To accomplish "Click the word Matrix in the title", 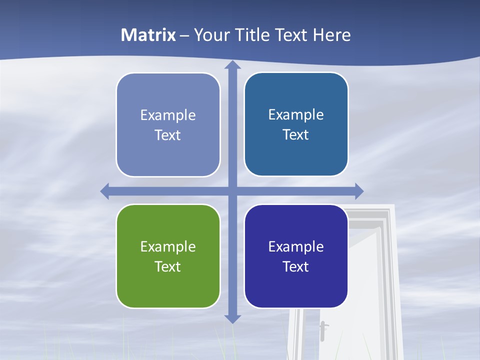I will [148, 35].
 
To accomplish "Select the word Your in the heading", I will [211, 35].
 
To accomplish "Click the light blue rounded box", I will [168, 125].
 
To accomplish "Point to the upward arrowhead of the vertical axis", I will [232, 65].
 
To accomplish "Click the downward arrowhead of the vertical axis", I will [232, 318].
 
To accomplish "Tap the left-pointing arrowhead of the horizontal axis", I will [105, 191].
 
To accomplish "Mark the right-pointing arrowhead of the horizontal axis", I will [359, 191].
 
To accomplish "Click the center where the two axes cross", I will [232, 191].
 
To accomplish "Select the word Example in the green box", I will [168, 246].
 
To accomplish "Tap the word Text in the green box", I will [168, 266].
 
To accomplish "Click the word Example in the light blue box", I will [168, 115].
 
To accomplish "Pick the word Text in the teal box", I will [296, 134].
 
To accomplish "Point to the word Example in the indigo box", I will [296, 246].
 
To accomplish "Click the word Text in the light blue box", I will [168, 135].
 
